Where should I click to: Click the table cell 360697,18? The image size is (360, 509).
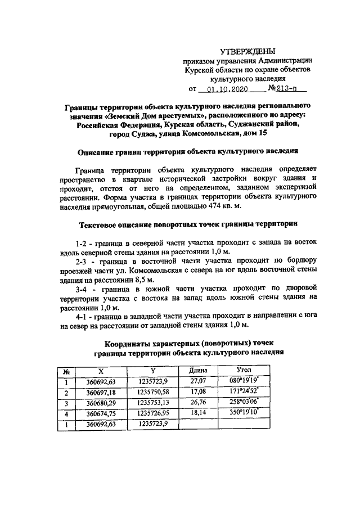coord(101,392)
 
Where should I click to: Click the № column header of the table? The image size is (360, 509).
coord(66,371)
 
